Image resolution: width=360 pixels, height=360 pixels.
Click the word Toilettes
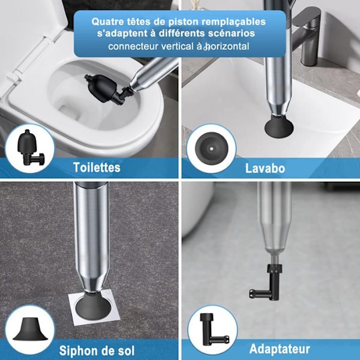(x=97, y=167)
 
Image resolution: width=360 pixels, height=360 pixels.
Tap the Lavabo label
(x=265, y=168)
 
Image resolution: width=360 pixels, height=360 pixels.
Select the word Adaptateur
(x=280, y=349)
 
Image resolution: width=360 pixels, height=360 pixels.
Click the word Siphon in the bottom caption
(x=77, y=350)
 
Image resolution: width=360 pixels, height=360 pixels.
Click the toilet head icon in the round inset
(x=29, y=148)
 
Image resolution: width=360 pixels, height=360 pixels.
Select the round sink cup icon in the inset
(x=211, y=149)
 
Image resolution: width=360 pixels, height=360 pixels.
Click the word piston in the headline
(x=183, y=22)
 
